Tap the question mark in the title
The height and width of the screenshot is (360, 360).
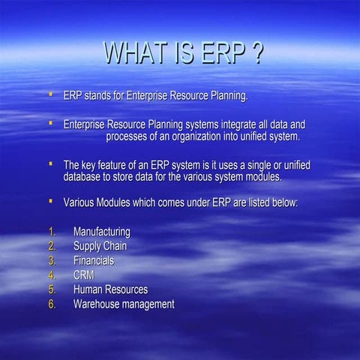tap(255, 54)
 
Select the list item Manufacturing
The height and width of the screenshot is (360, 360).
tap(101, 232)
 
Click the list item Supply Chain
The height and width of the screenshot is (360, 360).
tap(100, 246)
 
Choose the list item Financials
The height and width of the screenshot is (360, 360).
tap(94, 260)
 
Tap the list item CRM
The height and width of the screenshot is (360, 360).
tap(84, 274)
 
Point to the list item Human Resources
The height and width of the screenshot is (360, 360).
tap(110, 289)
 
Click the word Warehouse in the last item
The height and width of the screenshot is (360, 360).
tap(97, 304)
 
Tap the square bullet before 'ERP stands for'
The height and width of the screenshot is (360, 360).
tap(50, 95)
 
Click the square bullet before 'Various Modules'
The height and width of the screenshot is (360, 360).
tap(50, 202)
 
